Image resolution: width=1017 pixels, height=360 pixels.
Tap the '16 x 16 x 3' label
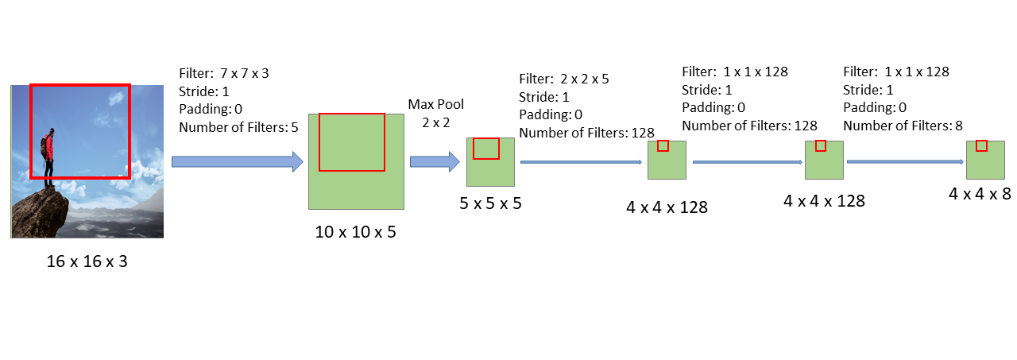click(x=87, y=261)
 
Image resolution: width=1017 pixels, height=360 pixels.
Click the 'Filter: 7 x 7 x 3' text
click(x=224, y=73)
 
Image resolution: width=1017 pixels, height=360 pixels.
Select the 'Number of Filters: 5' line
click(x=238, y=126)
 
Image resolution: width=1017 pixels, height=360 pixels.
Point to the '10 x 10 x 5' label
click(x=355, y=232)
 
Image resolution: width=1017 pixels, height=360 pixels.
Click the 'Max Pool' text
click(x=435, y=104)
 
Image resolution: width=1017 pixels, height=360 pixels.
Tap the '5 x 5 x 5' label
click(x=490, y=203)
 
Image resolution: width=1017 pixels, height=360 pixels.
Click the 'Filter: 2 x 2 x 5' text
click(x=564, y=79)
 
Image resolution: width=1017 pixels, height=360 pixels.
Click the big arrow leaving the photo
click(x=237, y=162)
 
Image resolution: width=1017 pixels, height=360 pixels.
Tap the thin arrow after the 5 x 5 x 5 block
click(x=581, y=161)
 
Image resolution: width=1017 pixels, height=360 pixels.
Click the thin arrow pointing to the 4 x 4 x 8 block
click(x=905, y=161)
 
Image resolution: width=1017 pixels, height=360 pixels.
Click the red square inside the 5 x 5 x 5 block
click(x=485, y=149)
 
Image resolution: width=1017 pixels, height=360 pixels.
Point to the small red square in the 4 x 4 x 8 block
click(x=981, y=145)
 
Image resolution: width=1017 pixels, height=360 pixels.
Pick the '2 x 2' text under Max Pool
click(x=435, y=122)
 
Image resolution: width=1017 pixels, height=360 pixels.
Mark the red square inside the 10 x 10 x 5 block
click(x=351, y=141)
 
